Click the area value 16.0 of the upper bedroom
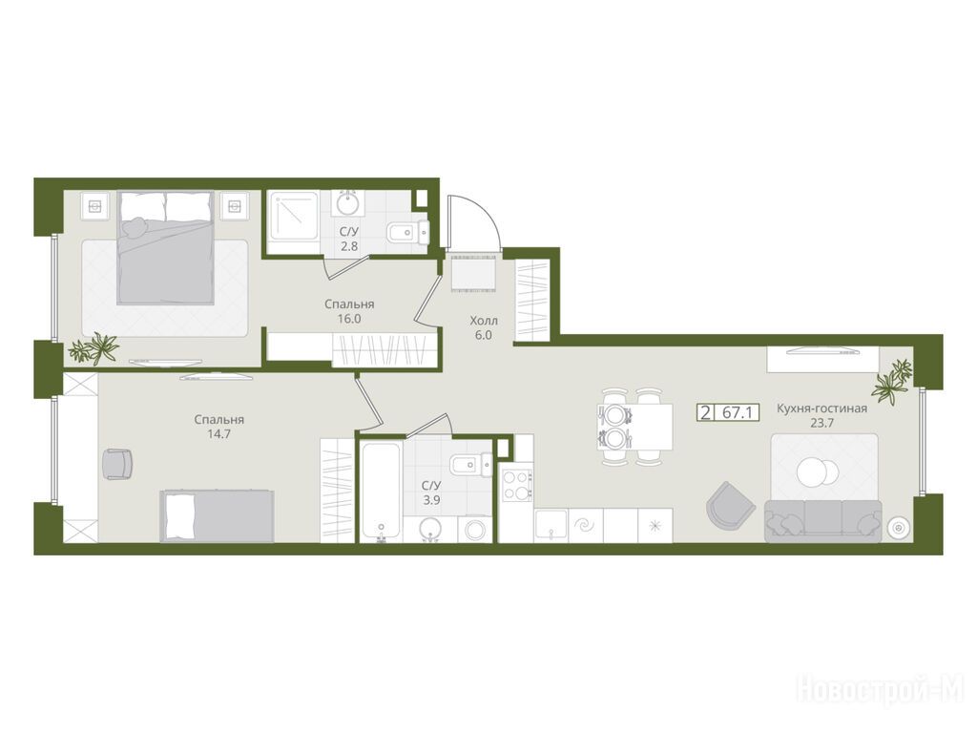pyautogui.click(x=349, y=319)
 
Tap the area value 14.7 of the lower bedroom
pyautogui.click(x=218, y=434)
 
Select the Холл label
pyautogui.click(x=484, y=321)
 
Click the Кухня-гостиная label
pyautogui.click(x=821, y=408)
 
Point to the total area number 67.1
pyautogui.click(x=738, y=412)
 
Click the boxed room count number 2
pyautogui.click(x=705, y=412)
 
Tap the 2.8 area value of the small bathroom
pyautogui.click(x=349, y=246)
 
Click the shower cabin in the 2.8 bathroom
pyautogui.click(x=293, y=221)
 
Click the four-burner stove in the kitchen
pyautogui.click(x=517, y=485)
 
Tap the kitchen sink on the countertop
pyautogui.click(x=551, y=526)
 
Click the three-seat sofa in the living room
pyautogui.click(x=823, y=520)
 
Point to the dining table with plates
pyautogui.click(x=634, y=427)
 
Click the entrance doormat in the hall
pyautogui.click(x=473, y=273)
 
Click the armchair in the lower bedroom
pyautogui.click(x=117, y=464)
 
